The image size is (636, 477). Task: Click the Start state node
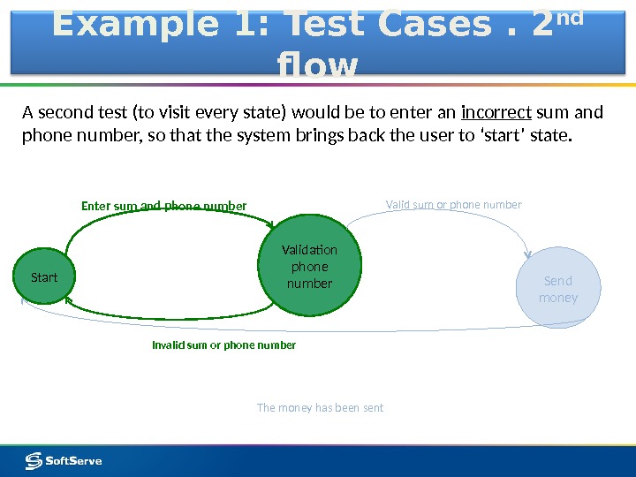coord(44,277)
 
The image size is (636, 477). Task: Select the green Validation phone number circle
coord(310,266)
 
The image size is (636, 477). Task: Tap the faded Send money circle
coord(558,289)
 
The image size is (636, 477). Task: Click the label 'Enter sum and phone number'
coord(164,207)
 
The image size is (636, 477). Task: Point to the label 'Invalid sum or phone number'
coord(224,345)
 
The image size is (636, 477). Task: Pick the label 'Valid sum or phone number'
coord(454,205)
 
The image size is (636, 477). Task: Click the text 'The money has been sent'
coord(320,408)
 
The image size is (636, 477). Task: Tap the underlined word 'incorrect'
coord(496,113)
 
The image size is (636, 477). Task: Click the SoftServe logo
coord(63,460)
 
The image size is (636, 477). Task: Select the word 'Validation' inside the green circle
coord(310,250)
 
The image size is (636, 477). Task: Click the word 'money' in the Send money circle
coord(558,298)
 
